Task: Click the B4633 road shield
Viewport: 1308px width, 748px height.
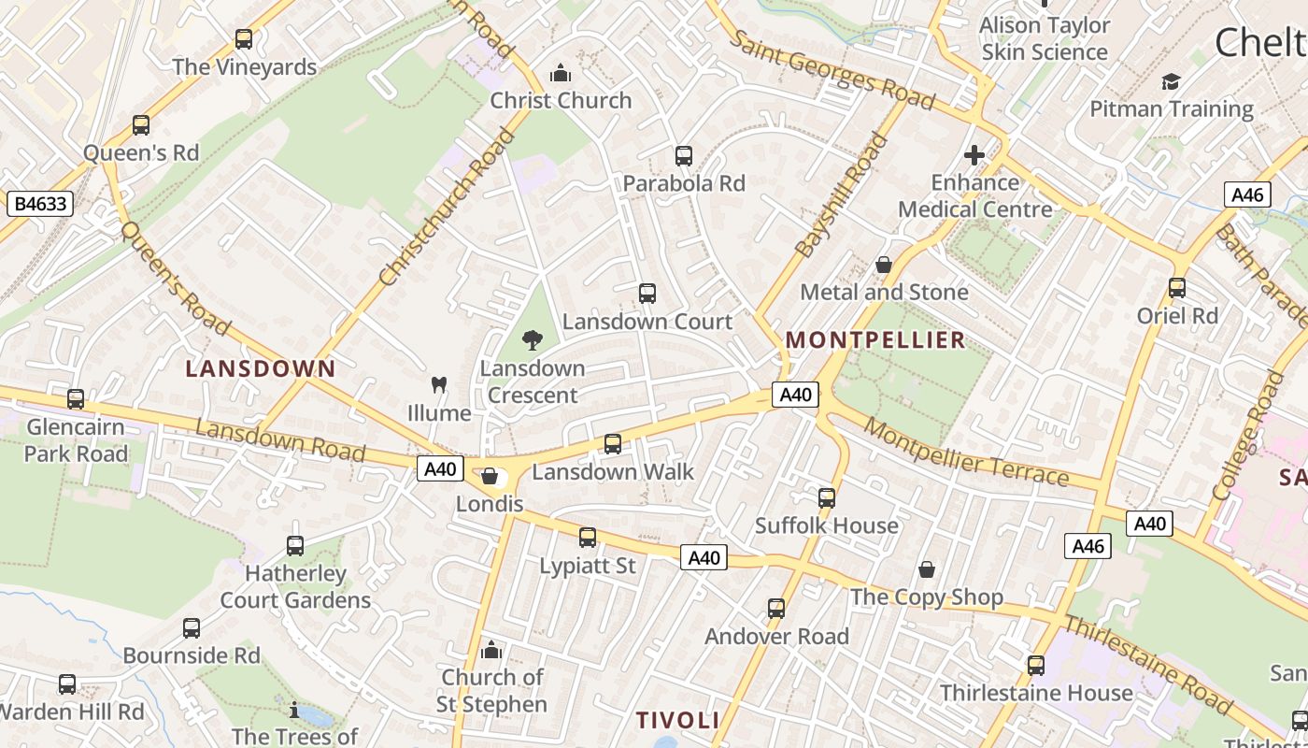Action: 39,203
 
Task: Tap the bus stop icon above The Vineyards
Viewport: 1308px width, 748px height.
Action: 244,39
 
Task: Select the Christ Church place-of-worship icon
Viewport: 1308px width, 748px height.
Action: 561,73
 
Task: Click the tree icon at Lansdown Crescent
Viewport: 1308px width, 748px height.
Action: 533,340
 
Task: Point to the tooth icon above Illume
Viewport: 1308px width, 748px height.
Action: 438,384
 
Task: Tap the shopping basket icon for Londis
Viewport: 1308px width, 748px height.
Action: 490,477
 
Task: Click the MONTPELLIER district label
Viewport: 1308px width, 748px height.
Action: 875,339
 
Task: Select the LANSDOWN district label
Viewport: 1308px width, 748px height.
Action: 260,368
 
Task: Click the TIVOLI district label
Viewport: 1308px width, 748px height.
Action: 677,720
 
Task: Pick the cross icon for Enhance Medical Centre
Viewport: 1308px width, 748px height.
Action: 974,155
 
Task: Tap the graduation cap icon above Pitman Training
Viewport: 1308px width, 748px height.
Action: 1171,81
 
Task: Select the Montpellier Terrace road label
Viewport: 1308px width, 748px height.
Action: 965,453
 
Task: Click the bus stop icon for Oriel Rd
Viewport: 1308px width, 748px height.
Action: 1177,288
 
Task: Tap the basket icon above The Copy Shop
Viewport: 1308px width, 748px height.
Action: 927,569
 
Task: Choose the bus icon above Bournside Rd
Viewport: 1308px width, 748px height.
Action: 192,628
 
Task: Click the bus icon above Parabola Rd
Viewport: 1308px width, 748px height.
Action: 684,156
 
